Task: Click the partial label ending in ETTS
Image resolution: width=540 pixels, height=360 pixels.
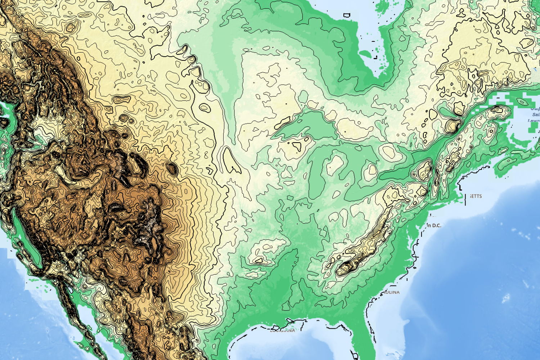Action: [476, 196]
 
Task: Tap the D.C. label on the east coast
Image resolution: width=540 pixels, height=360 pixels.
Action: [435, 226]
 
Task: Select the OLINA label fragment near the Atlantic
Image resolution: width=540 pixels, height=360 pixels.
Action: [391, 292]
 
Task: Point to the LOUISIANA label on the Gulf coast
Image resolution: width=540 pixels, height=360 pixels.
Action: [283, 330]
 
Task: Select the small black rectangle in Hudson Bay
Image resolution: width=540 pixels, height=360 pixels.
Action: [347, 15]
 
